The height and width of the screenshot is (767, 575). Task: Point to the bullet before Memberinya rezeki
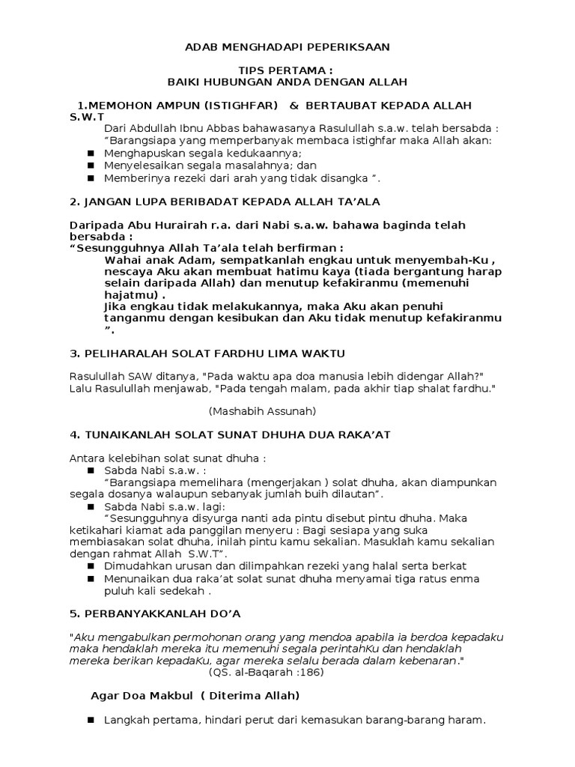91,178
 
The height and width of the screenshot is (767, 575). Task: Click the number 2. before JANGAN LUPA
74,201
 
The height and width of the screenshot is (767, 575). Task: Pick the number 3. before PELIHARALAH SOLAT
74,353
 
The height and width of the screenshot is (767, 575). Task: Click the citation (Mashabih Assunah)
263,411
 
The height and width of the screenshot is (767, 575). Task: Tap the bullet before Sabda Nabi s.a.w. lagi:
91,506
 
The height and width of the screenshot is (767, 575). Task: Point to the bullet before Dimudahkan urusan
91,566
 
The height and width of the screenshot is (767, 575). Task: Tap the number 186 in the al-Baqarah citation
311,673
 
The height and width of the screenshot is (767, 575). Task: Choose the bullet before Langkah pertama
91,721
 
